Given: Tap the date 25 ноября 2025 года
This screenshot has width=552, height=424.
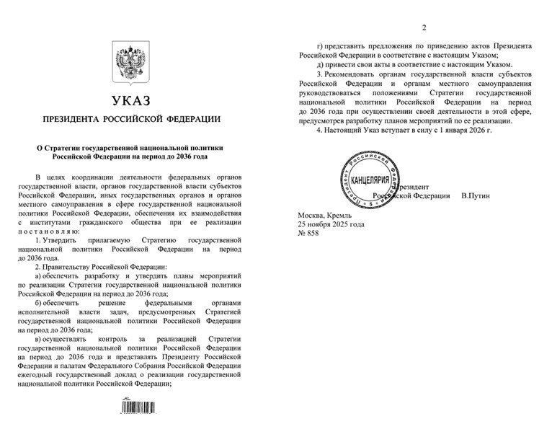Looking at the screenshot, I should coord(331,224).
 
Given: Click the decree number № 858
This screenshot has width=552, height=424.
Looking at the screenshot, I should coord(309,234).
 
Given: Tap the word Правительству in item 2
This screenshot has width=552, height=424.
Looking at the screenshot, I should coord(74,267).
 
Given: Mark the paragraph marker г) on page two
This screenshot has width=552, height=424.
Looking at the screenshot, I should coord(320,45).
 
